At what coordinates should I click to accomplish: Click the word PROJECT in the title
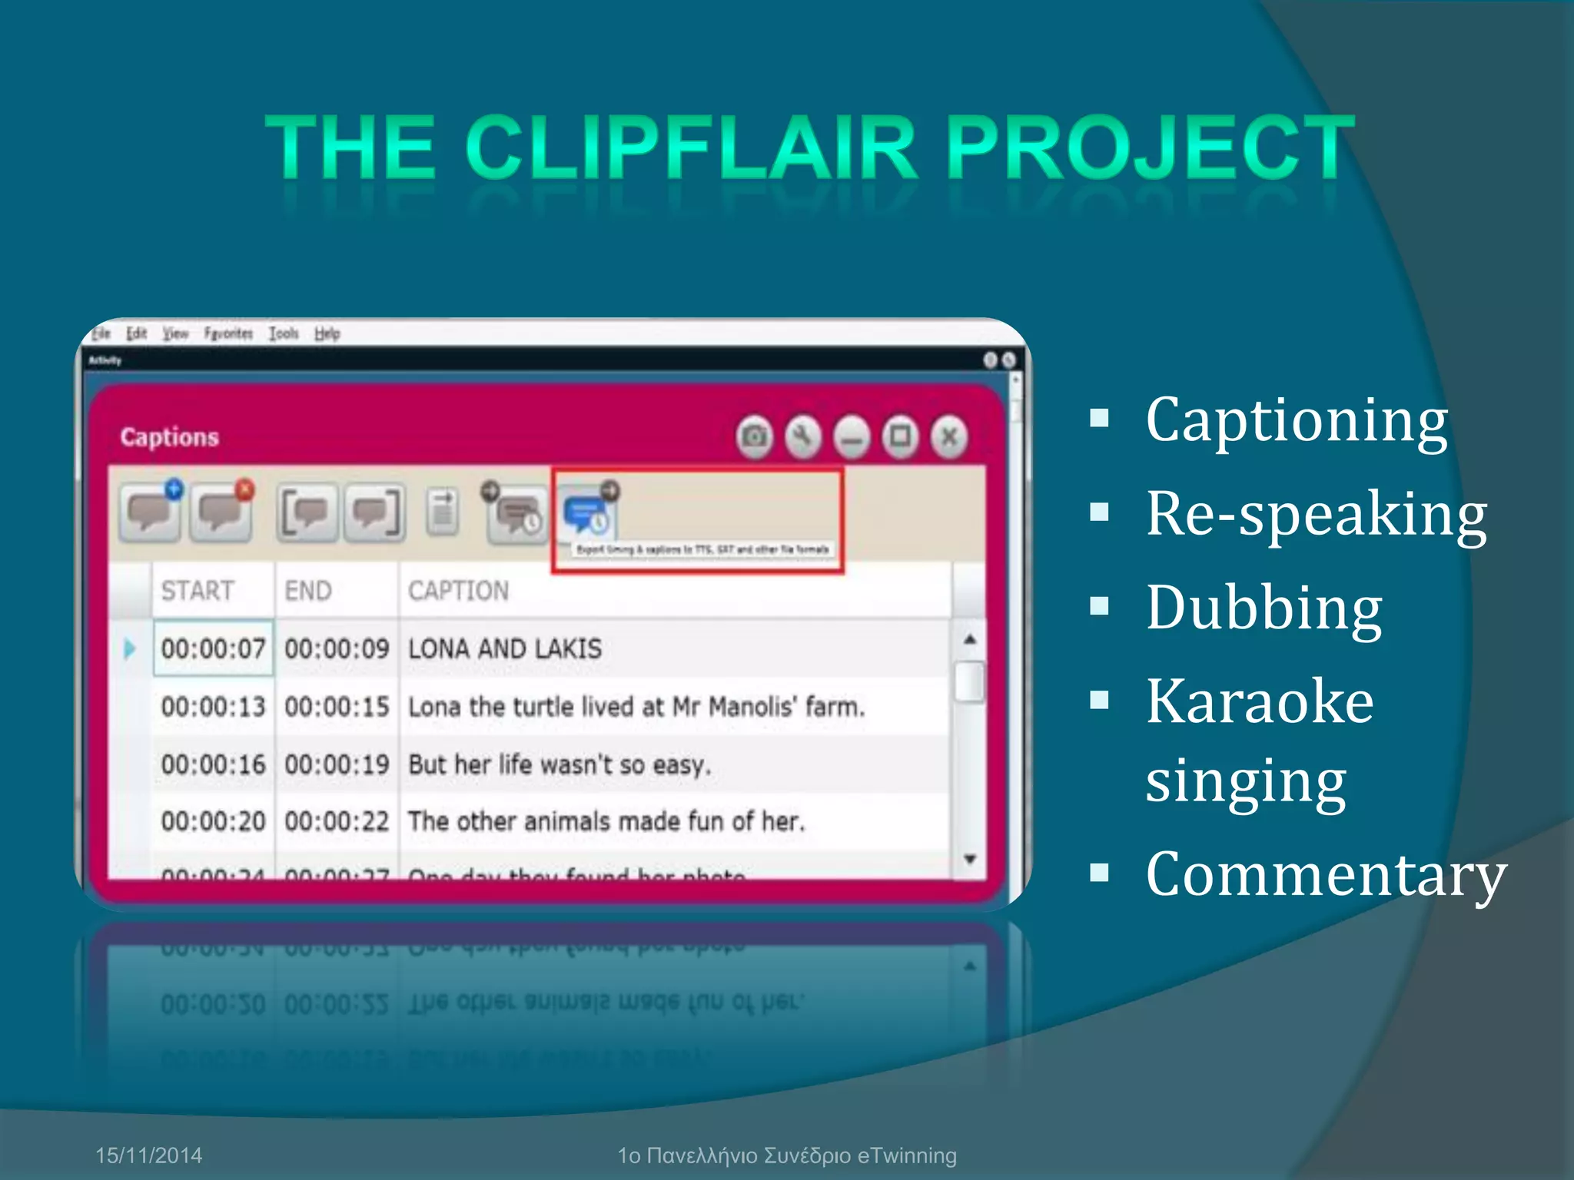coord(1150,146)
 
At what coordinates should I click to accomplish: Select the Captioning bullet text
coord(1296,420)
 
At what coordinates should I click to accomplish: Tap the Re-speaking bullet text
coord(1316,514)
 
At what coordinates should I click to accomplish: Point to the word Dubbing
coord(1264,608)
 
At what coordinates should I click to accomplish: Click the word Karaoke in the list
coord(1259,701)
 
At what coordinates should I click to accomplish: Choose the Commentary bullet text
coord(1325,874)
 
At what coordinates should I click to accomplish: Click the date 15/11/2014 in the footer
coord(148,1155)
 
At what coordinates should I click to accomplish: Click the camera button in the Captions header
coord(755,437)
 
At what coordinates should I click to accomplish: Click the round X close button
coord(949,437)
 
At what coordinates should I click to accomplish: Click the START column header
coord(198,591)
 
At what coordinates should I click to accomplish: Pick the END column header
coord(307,591)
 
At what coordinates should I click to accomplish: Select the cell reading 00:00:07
coord(213,649)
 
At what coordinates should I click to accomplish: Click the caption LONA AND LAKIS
coord(505,649)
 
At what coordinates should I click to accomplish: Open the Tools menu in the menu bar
coord(283,333)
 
